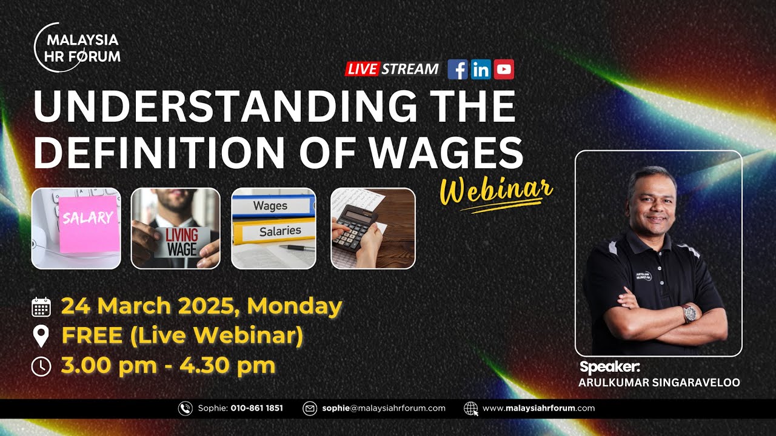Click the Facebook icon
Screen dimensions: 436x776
point(458,70)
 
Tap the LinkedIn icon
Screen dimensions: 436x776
point(481,70)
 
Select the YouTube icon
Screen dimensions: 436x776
point(504,70)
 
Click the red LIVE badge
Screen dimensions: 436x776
point(362,69)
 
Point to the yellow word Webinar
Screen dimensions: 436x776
point(496,193)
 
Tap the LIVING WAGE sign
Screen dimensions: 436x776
point(182,242)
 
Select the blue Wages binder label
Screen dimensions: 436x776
point(270,206)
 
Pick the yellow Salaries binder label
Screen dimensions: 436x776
point(280,231)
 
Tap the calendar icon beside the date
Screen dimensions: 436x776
point(41,307)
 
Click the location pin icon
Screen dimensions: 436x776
point(41,336)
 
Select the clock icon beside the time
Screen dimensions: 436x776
point(41,366)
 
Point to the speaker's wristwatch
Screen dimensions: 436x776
point(690,313)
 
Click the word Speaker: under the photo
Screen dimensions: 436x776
point(610,367)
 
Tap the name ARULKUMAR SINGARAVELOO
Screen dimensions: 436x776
point(659,383)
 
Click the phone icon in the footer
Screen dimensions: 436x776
point(185,408)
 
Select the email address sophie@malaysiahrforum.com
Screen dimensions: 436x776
point(384,408)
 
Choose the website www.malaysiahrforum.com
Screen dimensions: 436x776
point(538,408)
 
